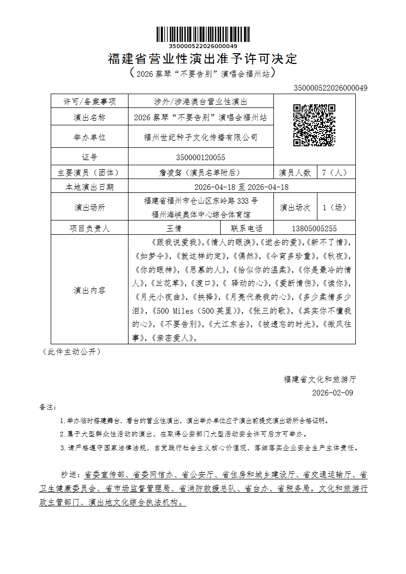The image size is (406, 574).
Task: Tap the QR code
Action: [x=314, y=125]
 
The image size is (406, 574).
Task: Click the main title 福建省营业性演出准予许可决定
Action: [x=203, y=58]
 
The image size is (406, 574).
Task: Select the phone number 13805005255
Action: [x=314, y=229]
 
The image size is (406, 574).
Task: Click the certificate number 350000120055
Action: [x=200, y=157]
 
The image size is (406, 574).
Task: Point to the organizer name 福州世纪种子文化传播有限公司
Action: [x=200, y=137]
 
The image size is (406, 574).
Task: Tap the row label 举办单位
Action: [x=90, y=137]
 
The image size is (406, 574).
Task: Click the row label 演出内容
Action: [x=90, y=290]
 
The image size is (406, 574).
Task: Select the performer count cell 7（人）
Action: [x=335, y=172]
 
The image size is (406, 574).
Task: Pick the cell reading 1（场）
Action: [x=335, y=207]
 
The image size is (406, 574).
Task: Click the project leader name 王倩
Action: [x=174, y=229]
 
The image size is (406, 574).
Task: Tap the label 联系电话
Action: [x=247, y=229]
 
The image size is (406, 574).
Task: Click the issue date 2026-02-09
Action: [x=332, y=393]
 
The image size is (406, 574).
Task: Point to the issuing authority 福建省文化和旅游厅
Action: [x=319, y=379]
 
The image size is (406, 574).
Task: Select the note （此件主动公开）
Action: [x=71, y=351]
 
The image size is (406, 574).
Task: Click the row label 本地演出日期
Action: [x=90, y=187]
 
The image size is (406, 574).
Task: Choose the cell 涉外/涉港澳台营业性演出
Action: [x=200, y=102]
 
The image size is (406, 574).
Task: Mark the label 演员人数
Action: [x=295, y=172]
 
